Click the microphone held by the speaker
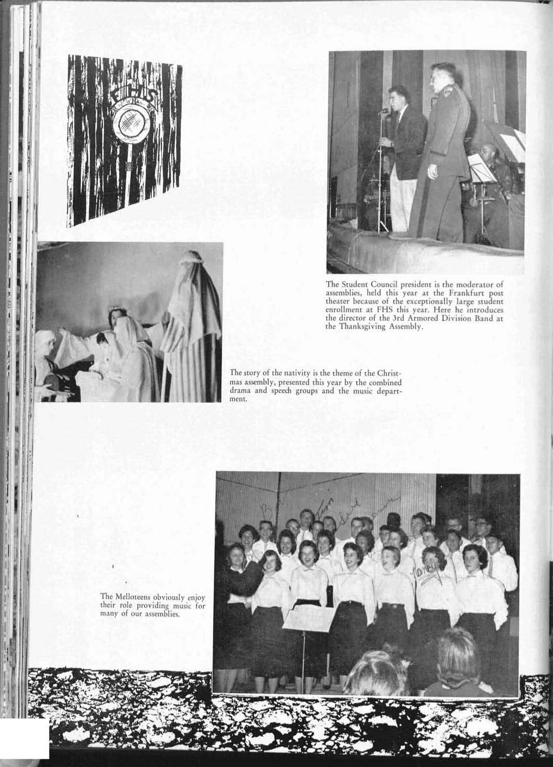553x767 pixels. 384,111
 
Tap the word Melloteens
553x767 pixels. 130,597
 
